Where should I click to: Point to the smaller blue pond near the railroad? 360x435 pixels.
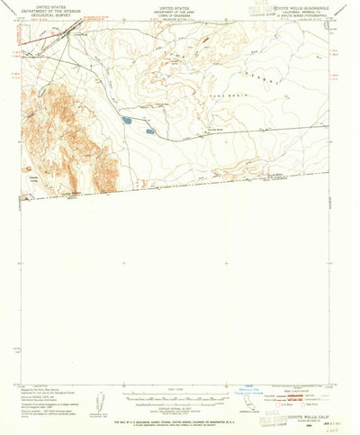point(150,131)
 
